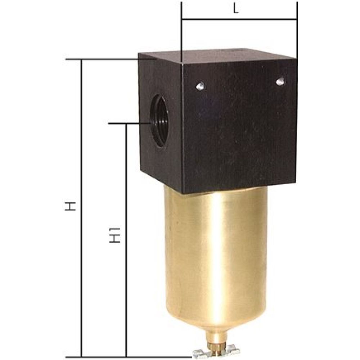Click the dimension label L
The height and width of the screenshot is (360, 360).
[x=236, y=9]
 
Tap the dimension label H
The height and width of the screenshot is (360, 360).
[x=72, y=206]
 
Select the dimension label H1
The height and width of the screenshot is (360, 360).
[x=114, y=235]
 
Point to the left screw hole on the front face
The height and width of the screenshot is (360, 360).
[x=201, y=86]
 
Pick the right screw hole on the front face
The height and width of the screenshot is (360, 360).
[x=280, y=81]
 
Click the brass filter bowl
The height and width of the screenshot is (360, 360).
[x=216, y=252]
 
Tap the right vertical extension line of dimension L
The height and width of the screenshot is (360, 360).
[x=297, y=29]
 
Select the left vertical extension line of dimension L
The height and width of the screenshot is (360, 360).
[x=182, y=29]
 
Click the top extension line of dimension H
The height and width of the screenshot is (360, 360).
[x=101, y=59]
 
